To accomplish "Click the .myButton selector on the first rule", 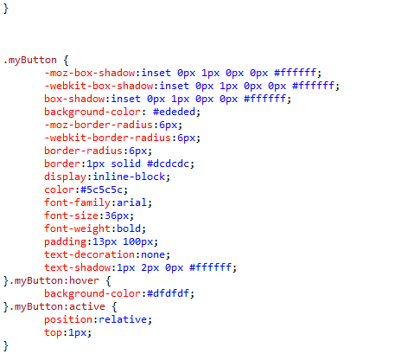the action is (x=30, y=61).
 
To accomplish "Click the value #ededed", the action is (x=174, y=112).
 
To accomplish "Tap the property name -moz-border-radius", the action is (x=99, y=125).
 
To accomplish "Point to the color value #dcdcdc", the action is (x=169, y=164).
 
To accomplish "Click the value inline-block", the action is (x=129, y=177).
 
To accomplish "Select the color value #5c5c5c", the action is (x=101, y=190).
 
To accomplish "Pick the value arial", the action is (x=132, y=202).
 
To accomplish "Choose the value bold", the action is (x=129, y=228).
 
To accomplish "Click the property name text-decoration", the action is (x=89, y=254).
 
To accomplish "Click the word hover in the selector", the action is (x=84, y=280).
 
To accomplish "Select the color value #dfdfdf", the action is (x=169, y=293).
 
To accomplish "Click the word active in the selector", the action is (x=87, y=306).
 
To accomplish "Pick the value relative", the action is (x=123, y=319).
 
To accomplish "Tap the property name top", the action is (x=54, y=333).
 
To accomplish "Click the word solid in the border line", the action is (x=126, y=164).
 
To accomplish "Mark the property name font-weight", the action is (x=77, y=229).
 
